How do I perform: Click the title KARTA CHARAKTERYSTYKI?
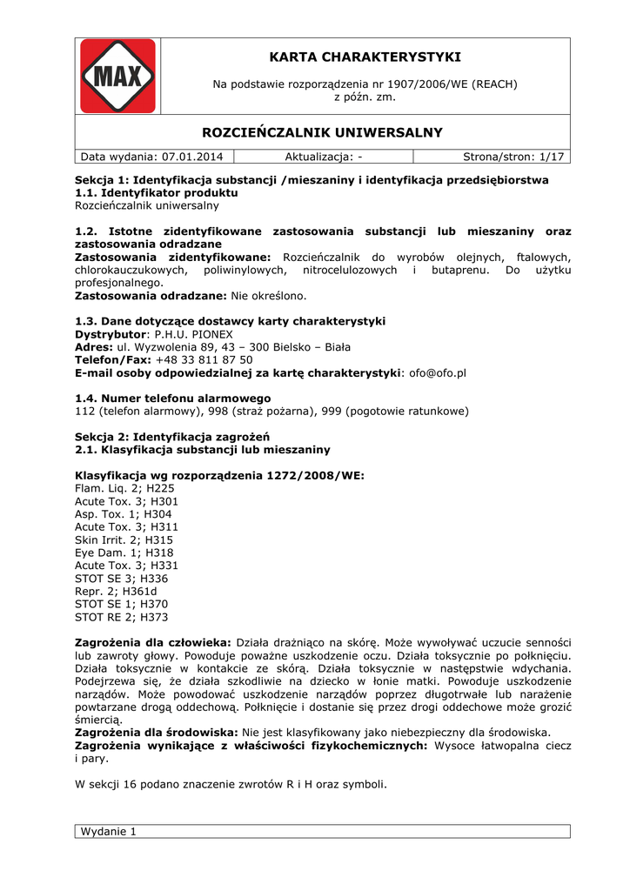(x=365, y=57)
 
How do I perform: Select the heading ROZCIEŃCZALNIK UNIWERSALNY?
(x=322, y=132)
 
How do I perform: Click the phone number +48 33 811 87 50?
(x=204, y=359)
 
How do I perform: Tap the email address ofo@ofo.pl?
(x=438, y=372)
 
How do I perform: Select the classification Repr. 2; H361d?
(x=122, y=591)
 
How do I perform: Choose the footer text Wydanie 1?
(x=109, y=831)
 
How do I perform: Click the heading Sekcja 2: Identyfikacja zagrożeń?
(x=172, y=437)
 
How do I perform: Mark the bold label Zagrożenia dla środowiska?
(x=157, y=733)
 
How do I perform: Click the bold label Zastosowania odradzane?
(x=151, y=296)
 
